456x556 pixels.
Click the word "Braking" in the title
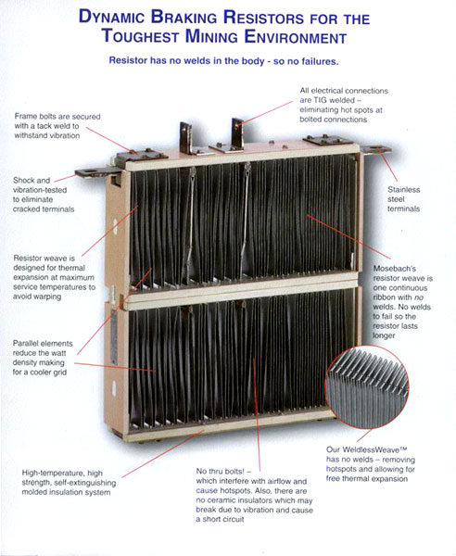tap(184, 17)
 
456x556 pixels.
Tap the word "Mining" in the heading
tap(211, 36)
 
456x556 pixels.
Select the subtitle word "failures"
tap(320, 61)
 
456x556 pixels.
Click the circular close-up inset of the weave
tap(367, 386)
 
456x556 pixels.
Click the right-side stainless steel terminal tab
tap(376, 149)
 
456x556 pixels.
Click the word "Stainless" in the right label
tap(403, 190)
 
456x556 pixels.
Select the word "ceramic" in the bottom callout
tap(221, 500)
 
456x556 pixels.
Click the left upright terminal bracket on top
tap(186, 137)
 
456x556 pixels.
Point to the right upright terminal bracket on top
tap(237, 133)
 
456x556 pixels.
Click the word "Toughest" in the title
tap(141, 36)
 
